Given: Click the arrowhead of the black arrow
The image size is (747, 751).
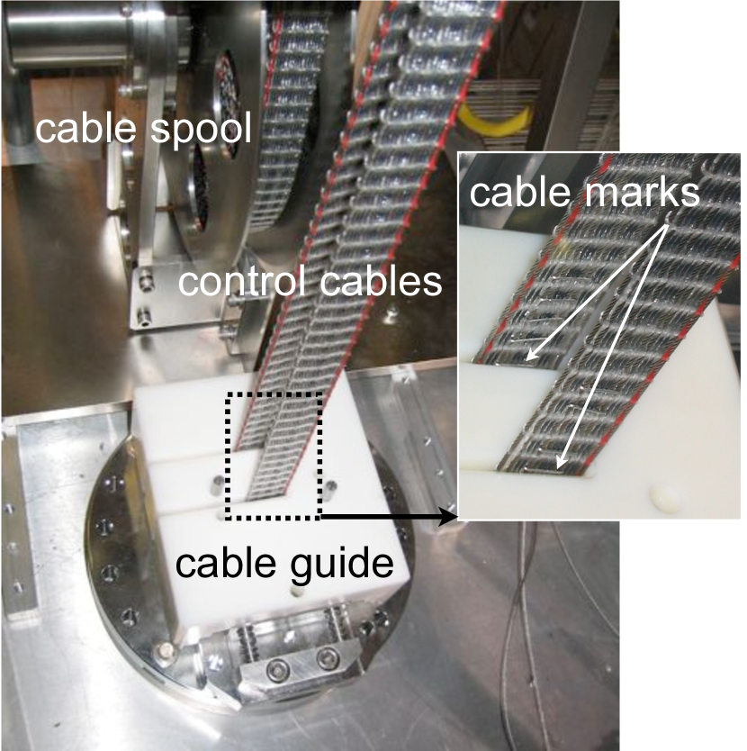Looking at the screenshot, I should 447,517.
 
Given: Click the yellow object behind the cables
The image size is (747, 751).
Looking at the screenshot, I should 487,127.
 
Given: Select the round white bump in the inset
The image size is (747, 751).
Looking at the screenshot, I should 663,496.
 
